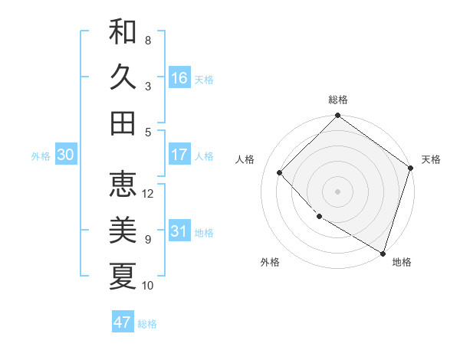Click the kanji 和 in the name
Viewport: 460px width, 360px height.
coord(123,31)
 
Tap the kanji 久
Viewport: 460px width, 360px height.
coord(123,77)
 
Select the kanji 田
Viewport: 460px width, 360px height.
coord(123,123)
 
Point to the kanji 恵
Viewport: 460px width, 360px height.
coord(123,184)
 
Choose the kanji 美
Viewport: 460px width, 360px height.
coord(123,230)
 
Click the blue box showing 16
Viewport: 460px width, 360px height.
coord(179,77)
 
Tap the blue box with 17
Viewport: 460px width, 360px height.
coord(179,155)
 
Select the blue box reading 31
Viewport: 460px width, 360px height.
coord(179,231)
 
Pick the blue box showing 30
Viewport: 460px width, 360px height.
coord(65,155)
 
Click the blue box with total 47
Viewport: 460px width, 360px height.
coord(123,322)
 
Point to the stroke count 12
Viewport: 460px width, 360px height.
coord(148,193)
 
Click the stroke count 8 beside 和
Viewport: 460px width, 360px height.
coord(148,40)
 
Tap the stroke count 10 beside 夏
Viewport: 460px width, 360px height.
coord(148,286)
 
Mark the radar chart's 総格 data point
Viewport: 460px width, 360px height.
coord(337,116)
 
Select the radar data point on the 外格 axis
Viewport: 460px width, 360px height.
coord(319,217)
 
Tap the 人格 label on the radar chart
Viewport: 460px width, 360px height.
coord(245,159)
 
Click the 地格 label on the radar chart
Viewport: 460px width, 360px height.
coord(402,262)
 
